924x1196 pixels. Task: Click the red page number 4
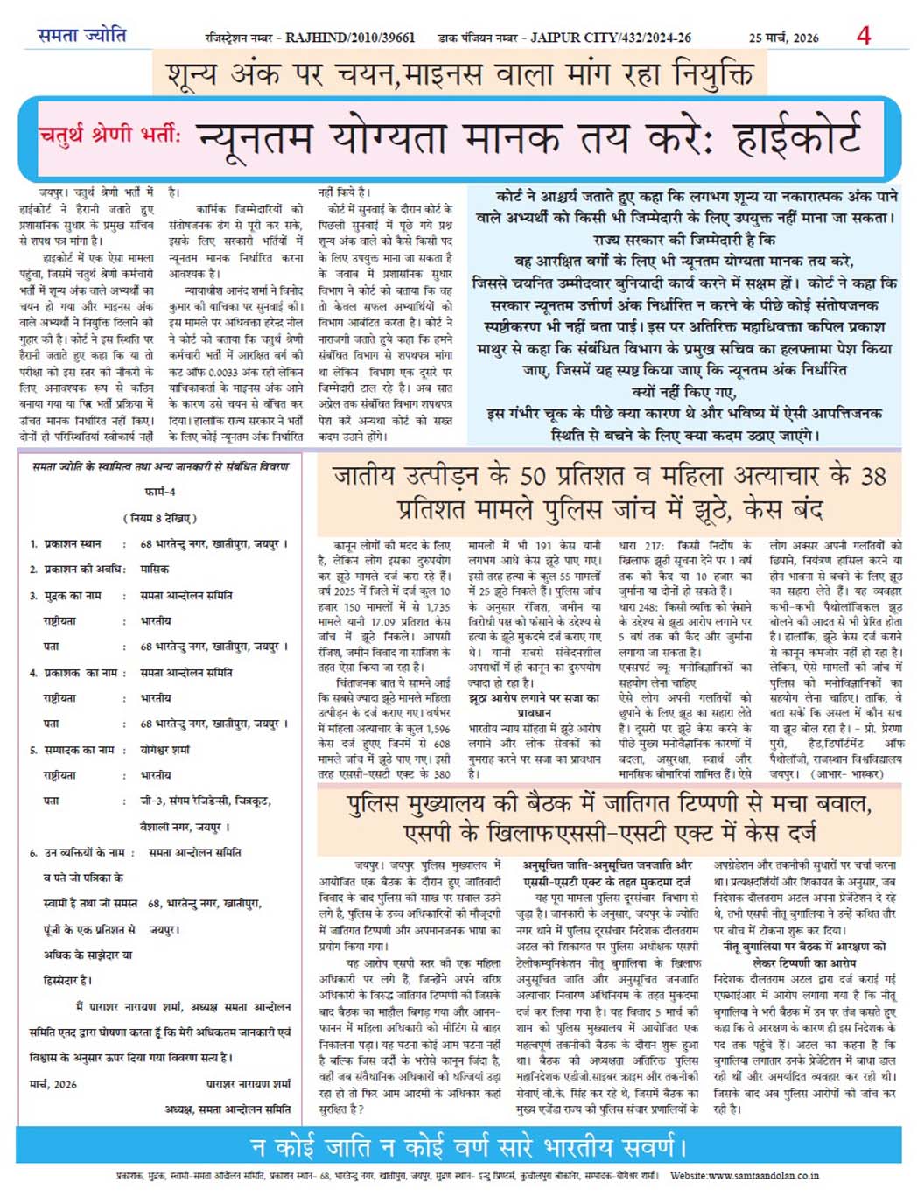[864, 36]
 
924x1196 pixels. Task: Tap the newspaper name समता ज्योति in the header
[81, 36]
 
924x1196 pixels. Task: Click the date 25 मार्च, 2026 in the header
[783, 38]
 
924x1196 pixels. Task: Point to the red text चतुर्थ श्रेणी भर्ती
[108, 136]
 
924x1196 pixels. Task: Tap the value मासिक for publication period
[154, 569]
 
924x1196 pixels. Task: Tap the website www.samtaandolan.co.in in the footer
[745, 1175]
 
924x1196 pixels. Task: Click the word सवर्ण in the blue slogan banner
[646, 1145]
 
